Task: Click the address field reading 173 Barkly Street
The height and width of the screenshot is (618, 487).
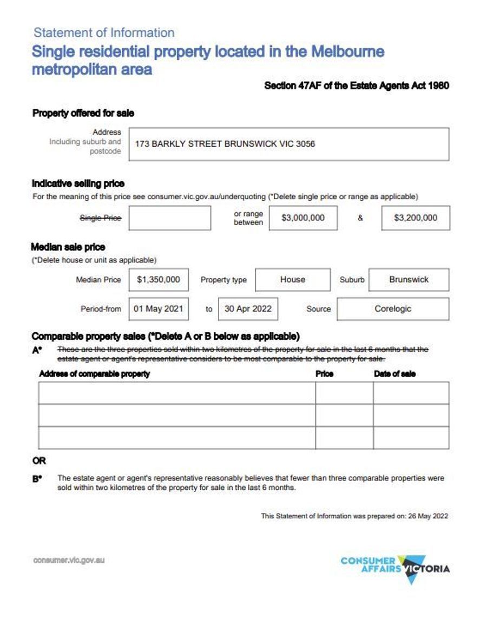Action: [288, 144]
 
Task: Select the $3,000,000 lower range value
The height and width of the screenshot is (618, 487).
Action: [303, 218]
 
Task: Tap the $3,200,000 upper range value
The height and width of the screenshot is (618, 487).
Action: [415, 218]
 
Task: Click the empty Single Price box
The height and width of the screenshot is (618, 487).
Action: [169, 218]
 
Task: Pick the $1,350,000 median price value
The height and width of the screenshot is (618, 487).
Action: [159, 280]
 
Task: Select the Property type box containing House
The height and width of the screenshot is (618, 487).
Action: [292, 280]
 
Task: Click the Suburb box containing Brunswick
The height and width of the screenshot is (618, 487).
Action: [409, 280]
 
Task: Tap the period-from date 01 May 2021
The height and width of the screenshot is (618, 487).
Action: [159, 309]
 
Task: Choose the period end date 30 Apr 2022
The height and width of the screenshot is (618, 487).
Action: [248, 309]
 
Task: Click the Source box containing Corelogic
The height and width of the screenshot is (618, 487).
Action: [393, 309]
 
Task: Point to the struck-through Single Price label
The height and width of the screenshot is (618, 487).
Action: [101, 218]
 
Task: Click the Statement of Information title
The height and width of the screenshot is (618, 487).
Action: [104, 32]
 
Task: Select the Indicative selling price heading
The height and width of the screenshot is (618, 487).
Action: [78, 183]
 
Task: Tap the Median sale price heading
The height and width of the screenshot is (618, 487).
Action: [68, 247]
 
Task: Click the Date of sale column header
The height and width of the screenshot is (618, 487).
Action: [394, 374]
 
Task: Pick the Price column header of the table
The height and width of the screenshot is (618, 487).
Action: [324, 374]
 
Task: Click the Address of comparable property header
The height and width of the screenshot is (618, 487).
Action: [94, 374]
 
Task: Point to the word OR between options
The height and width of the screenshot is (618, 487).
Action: [39, 461]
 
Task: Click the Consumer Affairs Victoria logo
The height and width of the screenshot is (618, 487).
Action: [395, 568]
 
